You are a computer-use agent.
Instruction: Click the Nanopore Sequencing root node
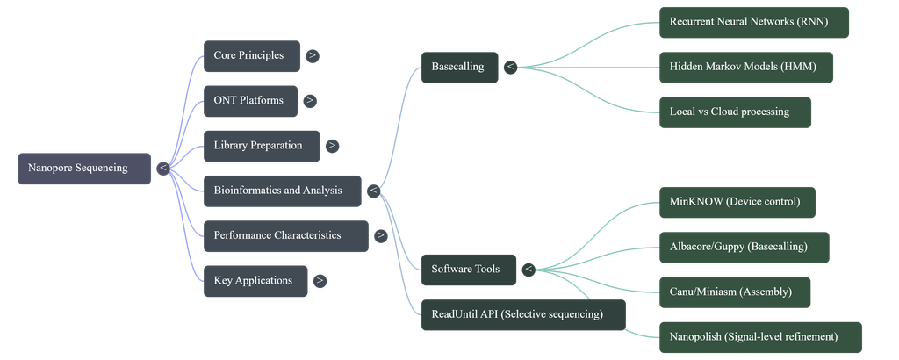point(84,169)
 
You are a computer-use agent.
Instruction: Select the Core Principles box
point(252,56)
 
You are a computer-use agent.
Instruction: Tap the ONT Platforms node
point(250,101)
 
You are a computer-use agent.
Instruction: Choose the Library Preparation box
point(262,146)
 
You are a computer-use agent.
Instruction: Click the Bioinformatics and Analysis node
point(283,191)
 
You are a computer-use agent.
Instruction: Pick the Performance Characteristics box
point(286,236)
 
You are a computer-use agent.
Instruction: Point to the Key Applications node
point(255,281)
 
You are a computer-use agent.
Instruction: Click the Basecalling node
point(460,68)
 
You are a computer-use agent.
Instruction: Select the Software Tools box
point(469,270)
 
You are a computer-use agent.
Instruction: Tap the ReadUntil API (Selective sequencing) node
point(523,314)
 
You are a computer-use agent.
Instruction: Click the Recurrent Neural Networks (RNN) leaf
point(754,22)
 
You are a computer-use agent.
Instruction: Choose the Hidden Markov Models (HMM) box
point(746,68)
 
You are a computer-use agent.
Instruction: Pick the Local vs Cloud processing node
point(735,112)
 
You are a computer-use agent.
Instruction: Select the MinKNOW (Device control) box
point(737,202)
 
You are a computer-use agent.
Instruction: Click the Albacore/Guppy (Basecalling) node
point(744,248)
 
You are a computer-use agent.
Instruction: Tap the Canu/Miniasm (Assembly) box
point(735,292)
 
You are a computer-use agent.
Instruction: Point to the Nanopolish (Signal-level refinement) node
point(761,338)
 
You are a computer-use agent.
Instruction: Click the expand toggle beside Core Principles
point(313,56)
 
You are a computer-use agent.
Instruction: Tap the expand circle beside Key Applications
point(320,281)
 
